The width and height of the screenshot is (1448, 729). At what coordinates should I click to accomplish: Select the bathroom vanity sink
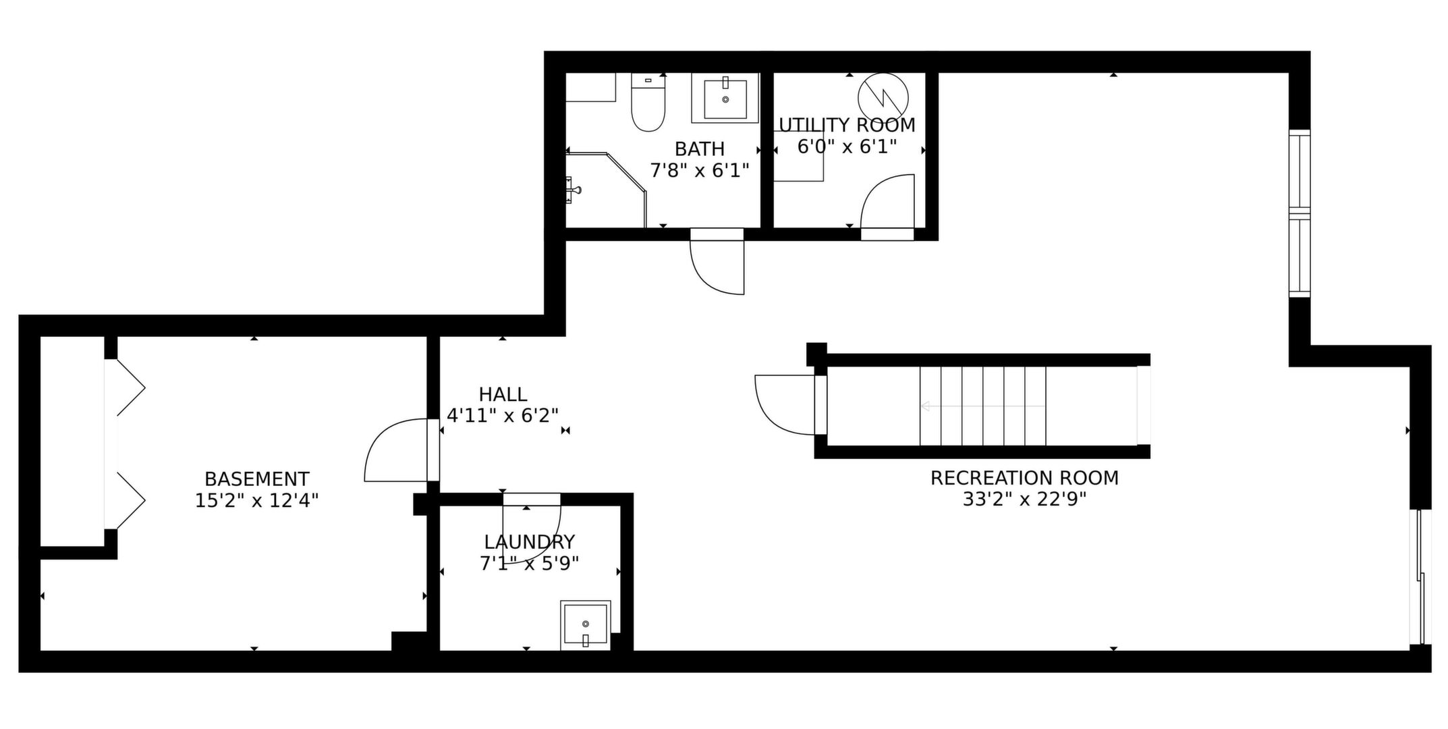(x=725, y=99)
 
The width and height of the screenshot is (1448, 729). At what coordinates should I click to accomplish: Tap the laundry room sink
(x=585, y=626)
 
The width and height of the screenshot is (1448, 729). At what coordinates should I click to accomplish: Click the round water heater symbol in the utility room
(x=883, y=98)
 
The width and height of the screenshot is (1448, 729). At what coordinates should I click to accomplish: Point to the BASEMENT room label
(x=257, y=479)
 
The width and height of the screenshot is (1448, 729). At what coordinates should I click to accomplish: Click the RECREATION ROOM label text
(x=1024, y=478)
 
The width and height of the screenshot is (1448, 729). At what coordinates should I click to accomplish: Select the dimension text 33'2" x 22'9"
(x=1024, y=500)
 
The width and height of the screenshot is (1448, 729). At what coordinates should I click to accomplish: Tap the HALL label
(x=503, y=394)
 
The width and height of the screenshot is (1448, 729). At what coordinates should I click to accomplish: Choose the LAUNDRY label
(x=530, y=542)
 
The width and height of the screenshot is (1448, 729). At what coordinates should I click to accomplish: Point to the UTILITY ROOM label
(x=847, y=125)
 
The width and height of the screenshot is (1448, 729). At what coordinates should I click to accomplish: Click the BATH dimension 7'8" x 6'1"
(x=700, y=170)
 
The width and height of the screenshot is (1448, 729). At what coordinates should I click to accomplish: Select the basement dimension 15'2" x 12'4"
(x=257, y=501)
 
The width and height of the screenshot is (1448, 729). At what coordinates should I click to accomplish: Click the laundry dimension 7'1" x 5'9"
(x=530, y=564)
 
